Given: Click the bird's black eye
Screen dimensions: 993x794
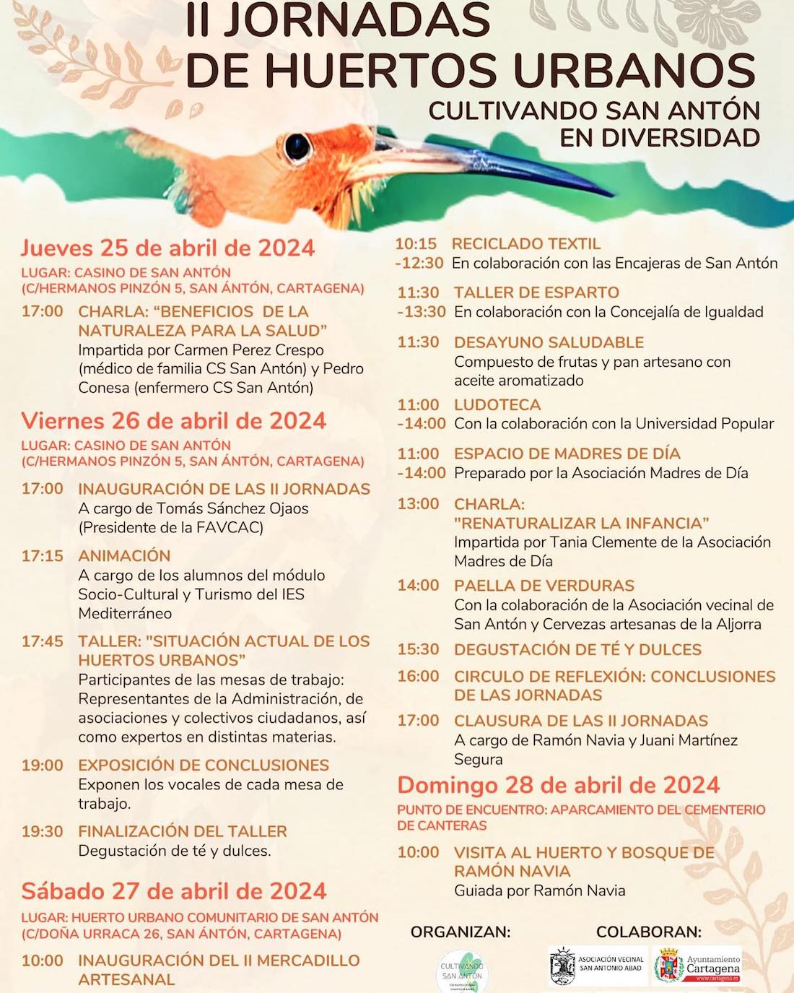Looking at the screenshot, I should coord(297,147).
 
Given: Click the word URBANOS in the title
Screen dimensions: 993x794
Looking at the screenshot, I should coord(634,70).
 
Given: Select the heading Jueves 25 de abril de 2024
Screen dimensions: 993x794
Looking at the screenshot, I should coord(167,248).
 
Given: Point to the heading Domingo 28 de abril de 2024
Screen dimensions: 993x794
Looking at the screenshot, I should coord(559,785).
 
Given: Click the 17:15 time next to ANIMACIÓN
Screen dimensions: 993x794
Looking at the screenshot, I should coord(42,556).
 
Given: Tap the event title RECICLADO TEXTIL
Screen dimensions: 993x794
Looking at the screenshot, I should coord(525,244).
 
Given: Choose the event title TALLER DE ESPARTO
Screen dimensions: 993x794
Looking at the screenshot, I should coord(536,292).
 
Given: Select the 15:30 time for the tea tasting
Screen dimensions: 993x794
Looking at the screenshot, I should coord(418,649).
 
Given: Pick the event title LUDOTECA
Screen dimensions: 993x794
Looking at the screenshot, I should coord(497,404).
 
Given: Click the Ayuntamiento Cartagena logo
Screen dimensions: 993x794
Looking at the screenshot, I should coord(697,966).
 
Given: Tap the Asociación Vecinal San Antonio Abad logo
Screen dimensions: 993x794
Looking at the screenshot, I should coord(598,966).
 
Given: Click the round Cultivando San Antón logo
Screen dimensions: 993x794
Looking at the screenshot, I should coord(462,971).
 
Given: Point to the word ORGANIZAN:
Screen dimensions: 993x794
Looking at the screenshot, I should coord(461,932).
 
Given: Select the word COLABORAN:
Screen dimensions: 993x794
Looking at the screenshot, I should coord(649,932).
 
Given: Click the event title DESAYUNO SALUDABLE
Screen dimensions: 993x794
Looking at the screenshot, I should coord(549,342).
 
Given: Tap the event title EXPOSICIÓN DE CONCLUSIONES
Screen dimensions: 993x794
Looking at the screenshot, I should coord(204,765).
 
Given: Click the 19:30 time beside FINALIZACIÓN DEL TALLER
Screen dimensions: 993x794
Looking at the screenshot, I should coord(42,831).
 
